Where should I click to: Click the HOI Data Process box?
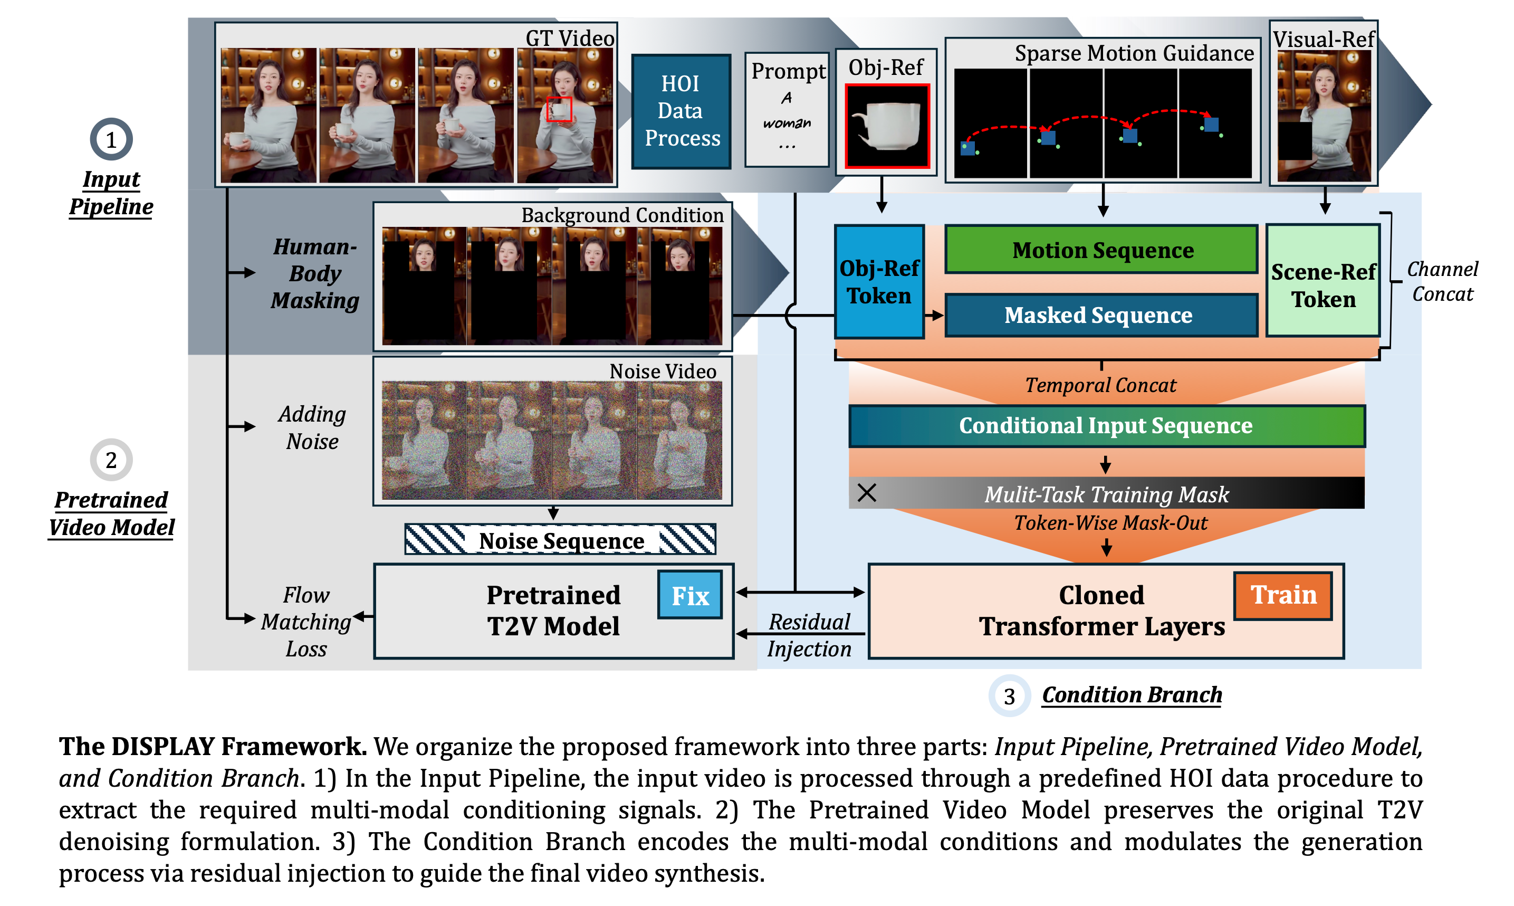coord(681,111)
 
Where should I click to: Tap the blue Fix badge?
coord(689,595)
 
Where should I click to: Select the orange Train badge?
coord(1283,595)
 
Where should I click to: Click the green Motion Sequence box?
coord(1101,250)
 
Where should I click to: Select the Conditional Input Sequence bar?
coord(1106,425)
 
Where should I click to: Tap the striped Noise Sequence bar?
coord(560,540)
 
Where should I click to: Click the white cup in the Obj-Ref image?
coord(888,125)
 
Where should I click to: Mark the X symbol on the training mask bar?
coord(867,492)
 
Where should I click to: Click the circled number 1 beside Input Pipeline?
coord(111,139)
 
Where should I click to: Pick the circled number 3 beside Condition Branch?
coord(1009,695)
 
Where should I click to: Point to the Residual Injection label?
coord(809,635)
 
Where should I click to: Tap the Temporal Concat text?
coord(1100,385)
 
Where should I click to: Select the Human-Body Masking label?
coord(315,273)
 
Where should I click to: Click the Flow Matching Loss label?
coord(306,622)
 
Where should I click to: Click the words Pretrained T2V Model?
coord(553,611)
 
